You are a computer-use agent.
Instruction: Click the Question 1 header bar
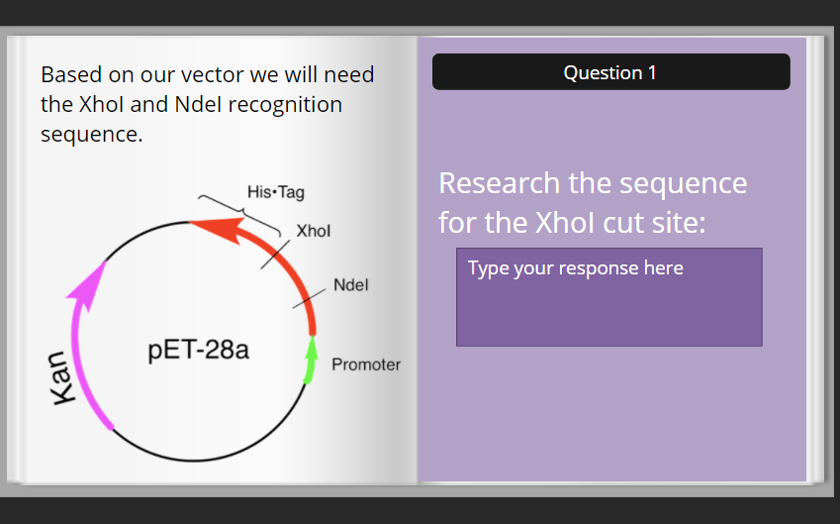point(610,72)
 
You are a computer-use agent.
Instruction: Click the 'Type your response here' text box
point(608,296)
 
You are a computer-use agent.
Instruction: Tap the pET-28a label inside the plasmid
point(199,351)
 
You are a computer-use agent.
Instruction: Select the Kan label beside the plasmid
point(63,377)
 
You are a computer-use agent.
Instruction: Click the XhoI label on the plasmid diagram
point(314,231)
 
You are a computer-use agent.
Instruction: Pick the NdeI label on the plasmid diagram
point(350,285)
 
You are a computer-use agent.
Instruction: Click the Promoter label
point(366,365)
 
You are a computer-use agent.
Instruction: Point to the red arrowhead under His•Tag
point(203,227)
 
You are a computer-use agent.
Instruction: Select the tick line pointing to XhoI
point(276,254)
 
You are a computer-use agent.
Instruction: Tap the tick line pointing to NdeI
point(309,299)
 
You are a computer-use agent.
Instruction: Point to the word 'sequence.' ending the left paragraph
point(91,134)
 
